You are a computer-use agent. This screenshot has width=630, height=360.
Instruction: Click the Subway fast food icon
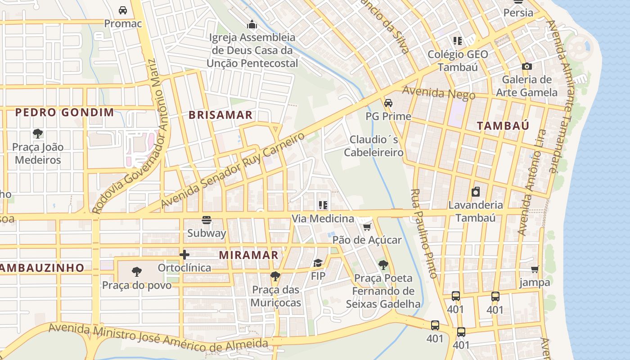click(207, 220)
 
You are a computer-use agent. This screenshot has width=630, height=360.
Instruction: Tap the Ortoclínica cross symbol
click(184, 255)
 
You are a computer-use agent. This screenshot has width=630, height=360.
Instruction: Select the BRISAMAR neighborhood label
click(220, 115)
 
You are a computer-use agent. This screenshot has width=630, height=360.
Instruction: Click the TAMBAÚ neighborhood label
click(503, 126)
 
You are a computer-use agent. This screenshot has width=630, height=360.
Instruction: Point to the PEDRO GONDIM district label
click(65, 112)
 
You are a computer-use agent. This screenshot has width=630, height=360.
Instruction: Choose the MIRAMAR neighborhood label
click(248, 255)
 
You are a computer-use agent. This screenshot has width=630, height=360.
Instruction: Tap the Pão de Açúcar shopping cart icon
click(367, 227)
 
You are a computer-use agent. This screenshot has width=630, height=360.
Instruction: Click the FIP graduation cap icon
click(318, 263)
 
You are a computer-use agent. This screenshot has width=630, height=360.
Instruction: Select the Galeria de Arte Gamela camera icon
click(526, 66)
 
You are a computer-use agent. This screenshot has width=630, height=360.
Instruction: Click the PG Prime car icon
click(388, 103)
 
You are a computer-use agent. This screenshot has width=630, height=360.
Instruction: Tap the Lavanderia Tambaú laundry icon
click(475, 192)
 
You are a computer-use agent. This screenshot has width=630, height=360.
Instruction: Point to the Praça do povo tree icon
click(137, 272)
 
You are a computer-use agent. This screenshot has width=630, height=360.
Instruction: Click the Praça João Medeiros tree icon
click(38, 133)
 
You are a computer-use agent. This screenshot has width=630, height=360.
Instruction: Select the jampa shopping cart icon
click(535, 269)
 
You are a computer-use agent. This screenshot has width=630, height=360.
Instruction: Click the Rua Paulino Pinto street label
click(422, 233)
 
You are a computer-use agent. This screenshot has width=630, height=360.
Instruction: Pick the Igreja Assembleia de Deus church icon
click(252, 23)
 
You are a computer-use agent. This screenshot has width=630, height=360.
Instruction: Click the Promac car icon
click(122, 10)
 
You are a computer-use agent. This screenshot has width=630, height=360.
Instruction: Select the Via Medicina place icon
click(323, 205)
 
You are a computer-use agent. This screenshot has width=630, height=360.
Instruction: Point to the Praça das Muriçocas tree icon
click(275, 276)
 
